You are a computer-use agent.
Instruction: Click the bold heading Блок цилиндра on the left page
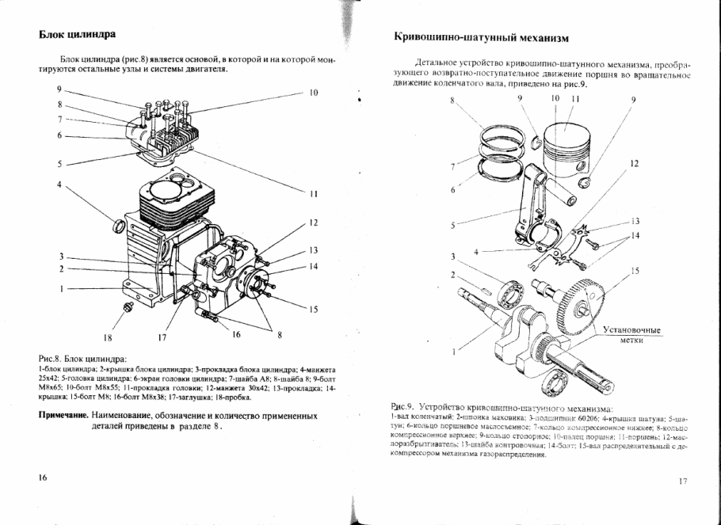pos(78,36)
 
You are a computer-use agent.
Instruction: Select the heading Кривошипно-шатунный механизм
pos(482,37)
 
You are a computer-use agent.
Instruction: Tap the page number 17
pos(683,481)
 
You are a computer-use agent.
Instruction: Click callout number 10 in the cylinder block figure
pos(313,93)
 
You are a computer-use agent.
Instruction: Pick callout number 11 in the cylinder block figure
pos(313,192)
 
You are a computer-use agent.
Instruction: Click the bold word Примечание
pos(63,415)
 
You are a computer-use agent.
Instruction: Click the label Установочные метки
pos(631,334)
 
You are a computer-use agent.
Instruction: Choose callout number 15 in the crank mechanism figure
pos(635,272)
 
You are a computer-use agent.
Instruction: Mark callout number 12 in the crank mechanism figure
pos(634,163)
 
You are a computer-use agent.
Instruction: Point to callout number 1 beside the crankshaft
pos(453,350)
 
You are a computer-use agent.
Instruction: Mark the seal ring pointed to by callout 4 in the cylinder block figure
pos(120,226)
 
